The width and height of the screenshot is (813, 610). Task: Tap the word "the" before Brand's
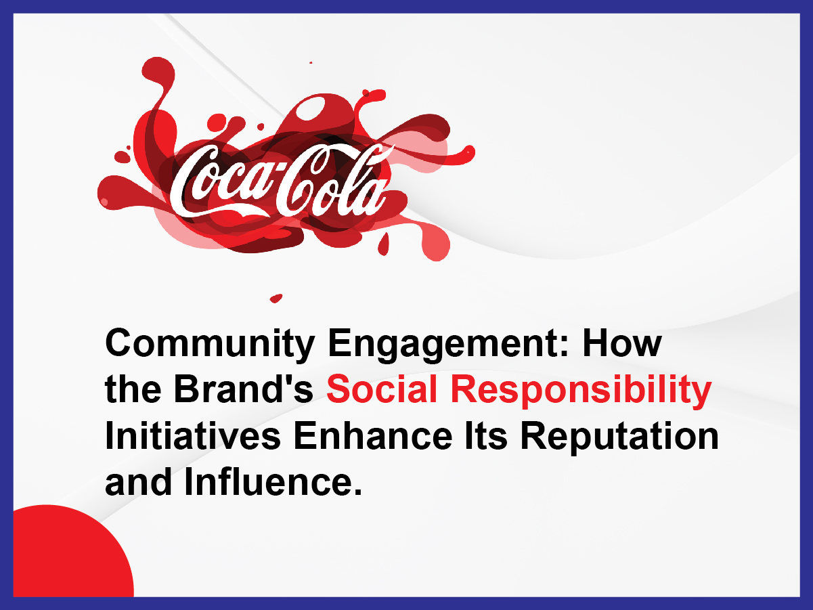131,391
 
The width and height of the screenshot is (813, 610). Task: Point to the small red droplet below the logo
276,297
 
